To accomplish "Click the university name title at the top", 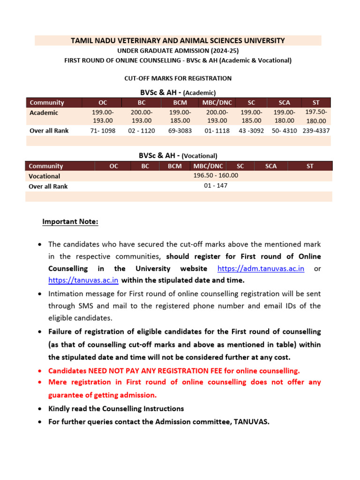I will [178, 41].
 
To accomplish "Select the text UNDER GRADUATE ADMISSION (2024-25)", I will [178, 51].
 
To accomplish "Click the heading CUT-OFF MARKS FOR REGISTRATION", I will [178, 78].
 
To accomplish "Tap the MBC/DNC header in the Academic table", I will [217, 103].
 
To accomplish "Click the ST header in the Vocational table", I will [310, 166].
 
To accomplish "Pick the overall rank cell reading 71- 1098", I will [103, 131].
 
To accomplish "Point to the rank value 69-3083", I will [180, 131].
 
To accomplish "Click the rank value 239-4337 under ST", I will [316, 131].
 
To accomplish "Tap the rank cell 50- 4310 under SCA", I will [284, 131].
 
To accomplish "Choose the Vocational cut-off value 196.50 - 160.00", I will [216, 175].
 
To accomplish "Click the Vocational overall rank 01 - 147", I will [216, 186].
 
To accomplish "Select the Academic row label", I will [44, 112].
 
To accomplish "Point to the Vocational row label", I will [44, 176].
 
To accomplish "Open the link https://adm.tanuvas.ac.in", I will [261, 269].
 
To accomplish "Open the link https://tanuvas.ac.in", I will [83, 280].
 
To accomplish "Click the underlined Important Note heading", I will [70, 222].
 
